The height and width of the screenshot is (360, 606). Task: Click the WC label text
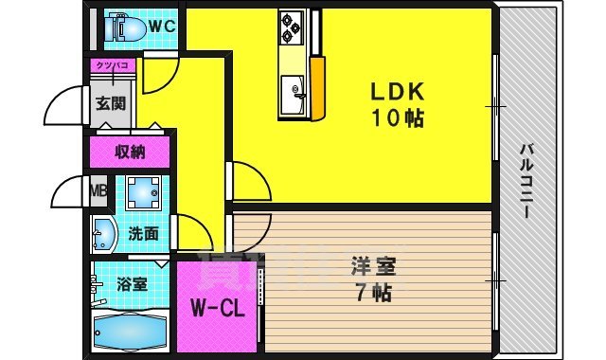click(162, 26)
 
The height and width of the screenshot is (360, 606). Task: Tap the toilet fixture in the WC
click(126, 28)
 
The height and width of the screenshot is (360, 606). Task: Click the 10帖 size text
click(397, 119)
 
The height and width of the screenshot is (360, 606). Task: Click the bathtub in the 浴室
click(131, 332)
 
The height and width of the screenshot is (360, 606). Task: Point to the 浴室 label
click(132, 283)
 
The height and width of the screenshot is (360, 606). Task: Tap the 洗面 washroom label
click(143, 233)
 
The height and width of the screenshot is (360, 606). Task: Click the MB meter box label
click(98, 192)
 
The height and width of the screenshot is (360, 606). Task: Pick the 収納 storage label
click(130, 152)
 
